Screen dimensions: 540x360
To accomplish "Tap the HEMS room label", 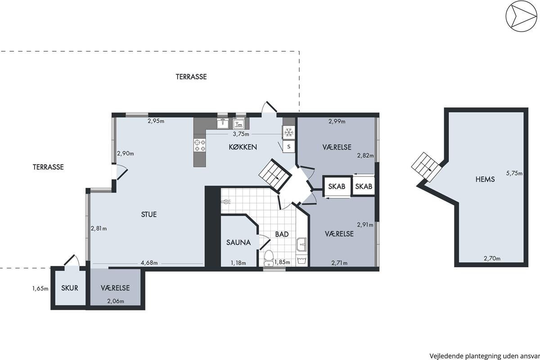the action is tap(485, 179).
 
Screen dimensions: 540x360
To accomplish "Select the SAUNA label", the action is tap(238, 243).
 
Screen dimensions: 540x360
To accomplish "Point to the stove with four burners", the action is tap(200, 145).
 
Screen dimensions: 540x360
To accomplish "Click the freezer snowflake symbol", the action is tap(288, 132).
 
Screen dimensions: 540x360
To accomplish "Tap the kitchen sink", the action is tap(222, 124).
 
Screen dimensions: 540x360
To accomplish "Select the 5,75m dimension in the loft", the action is tap(514, 173).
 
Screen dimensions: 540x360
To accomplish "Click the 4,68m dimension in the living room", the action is tap(149, 263).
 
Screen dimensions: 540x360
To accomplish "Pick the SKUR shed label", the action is tap(69, 288).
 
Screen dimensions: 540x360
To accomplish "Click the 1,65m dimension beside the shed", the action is tap(40, 288).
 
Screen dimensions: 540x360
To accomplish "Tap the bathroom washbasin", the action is tap(301, 244).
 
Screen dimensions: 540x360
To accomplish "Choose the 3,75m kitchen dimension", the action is tap(241, 134).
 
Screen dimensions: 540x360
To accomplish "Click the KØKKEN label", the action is tap(243, 147).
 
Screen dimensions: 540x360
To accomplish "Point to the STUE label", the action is tap(149, 214).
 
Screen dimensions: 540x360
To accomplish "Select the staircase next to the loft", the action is tap(426, 167).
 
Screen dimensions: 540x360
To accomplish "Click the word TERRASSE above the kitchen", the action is tap(191, 76).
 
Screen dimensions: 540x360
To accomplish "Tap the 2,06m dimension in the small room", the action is tap(116, 301).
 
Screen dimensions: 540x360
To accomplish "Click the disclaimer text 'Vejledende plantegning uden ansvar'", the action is tap(484, 356).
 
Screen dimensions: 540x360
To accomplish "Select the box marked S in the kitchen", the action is tap(288, 146).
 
